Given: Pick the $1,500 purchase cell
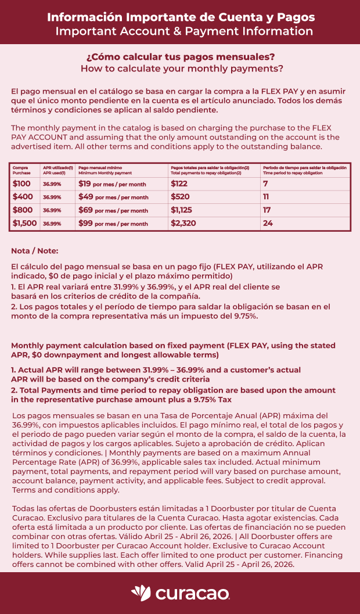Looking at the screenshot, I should tap(24, 223).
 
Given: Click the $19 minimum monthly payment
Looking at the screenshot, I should tap(85, 184).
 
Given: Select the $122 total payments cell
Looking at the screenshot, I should tap(180, 184).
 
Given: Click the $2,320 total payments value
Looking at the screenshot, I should tap(183, 223).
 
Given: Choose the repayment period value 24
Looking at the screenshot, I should tap(268, 223).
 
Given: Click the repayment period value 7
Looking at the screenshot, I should tap(265, 184).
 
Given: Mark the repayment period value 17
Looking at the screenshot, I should tap(267, 210).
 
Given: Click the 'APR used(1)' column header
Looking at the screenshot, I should tap(54, 173).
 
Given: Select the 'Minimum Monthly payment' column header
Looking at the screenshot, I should tap(105, 173).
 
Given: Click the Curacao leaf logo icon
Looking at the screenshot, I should tap(141, 593).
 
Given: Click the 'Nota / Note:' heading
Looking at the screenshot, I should tap(35, 251).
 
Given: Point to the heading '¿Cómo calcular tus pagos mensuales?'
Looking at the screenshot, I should tap(180, 57).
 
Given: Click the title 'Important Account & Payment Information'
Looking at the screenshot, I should tap(184, 31).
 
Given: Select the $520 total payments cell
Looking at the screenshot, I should tap(180, 197).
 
